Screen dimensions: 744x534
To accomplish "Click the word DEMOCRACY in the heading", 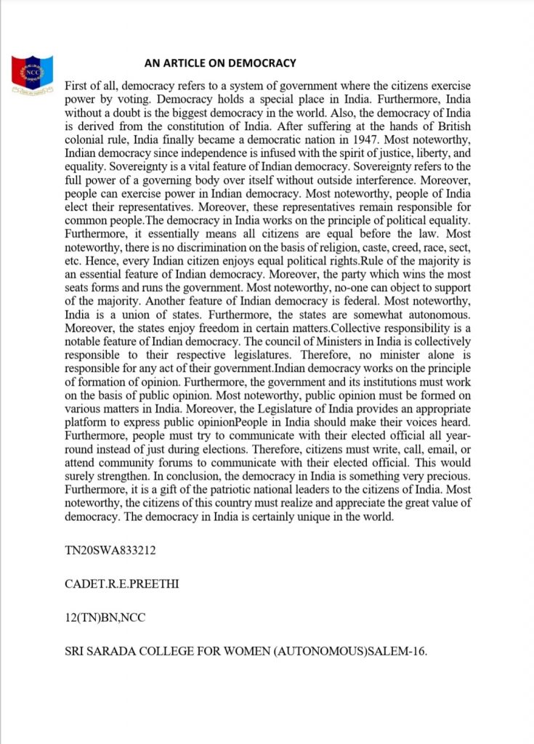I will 260,63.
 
